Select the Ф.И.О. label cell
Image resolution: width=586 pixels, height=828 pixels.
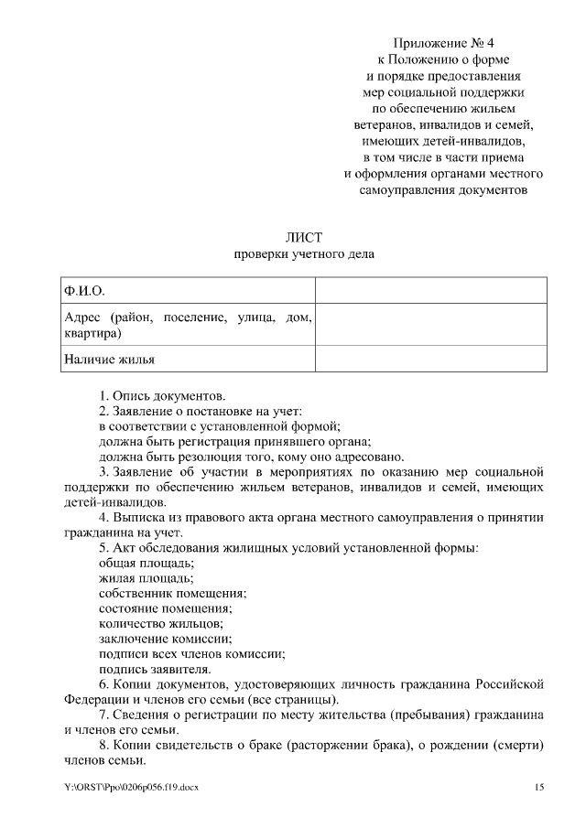(187, 291)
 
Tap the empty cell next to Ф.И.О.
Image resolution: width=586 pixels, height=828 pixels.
(431, 291)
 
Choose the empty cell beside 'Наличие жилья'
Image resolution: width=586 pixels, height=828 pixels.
(431, 359)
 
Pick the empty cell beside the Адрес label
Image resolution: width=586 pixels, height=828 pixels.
(431, 325)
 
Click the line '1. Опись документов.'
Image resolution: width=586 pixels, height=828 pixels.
(162, 396)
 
